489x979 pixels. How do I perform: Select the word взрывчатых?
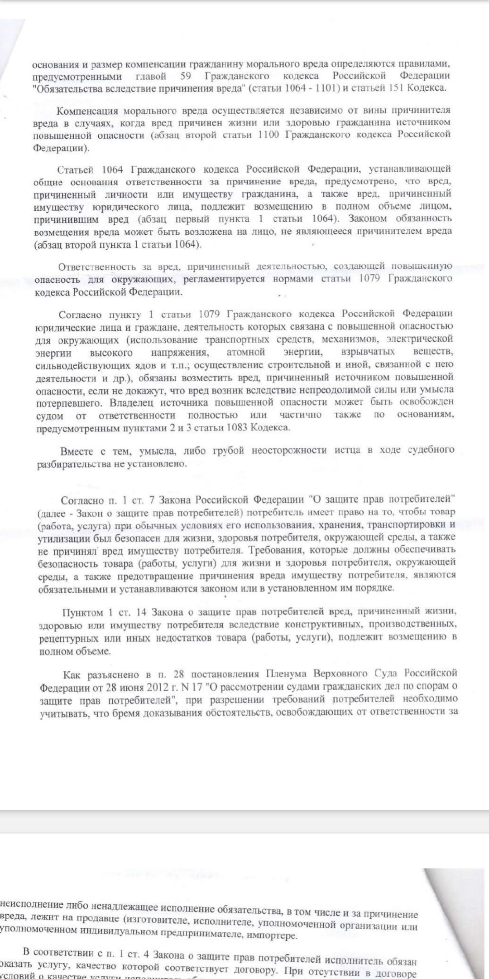(367, 352)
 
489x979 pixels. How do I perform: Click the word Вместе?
(76, 451)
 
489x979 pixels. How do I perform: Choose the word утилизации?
(59, 539)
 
